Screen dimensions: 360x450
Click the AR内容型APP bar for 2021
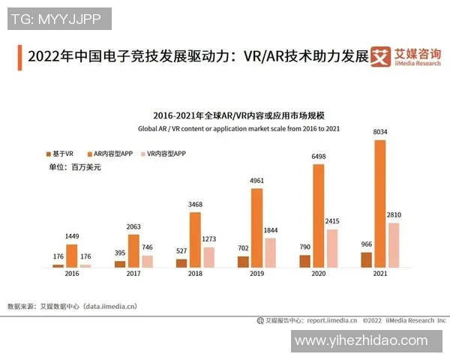pyautogui.click(x=380, y=203)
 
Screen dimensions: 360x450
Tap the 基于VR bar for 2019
pyautogui.click(x=243, y=262)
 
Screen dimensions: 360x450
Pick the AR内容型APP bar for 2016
pyautogui.click(x=72, y=256)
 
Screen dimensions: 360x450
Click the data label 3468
pyautogui.click(x=196, y=205)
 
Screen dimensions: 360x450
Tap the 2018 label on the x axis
pyautogui.click(x=194, y=275)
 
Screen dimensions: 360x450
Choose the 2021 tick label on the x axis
pyautogui.click(x=380, y=275)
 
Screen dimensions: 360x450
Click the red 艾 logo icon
pyautogui.click(x=382, y=58)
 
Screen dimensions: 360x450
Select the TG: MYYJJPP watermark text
pyautogui.click(x=58, y=18)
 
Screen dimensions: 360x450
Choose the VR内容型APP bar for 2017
pyautogui.click(x=147, y=261)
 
